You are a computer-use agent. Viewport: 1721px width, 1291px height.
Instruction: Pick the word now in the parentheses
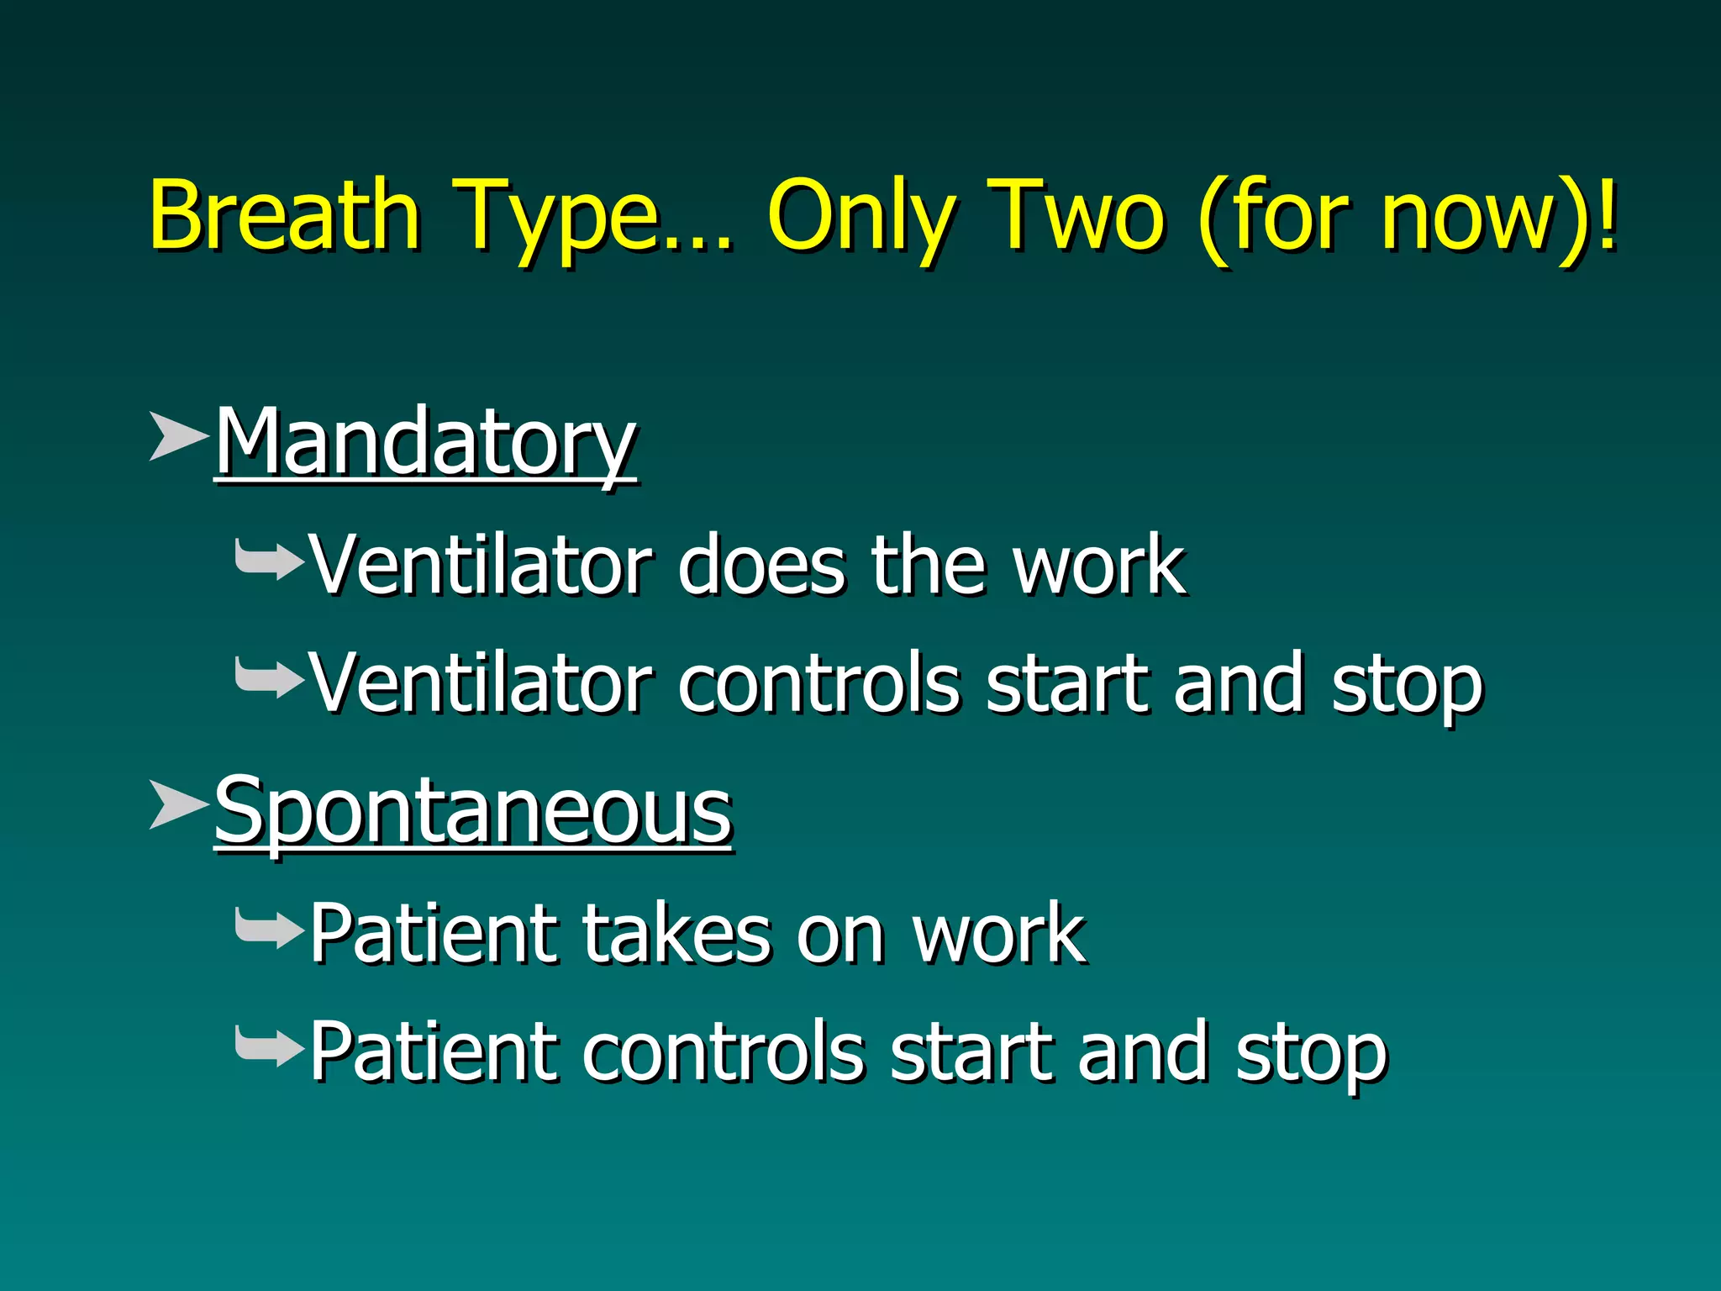click(1466, 219)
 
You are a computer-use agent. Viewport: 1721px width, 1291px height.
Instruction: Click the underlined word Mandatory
click(425, 443)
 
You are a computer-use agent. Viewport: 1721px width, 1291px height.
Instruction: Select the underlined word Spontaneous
click(473, 812)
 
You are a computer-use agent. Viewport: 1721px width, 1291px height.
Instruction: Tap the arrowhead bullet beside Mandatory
click(177, 436)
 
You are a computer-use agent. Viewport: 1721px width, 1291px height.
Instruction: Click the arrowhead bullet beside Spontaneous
click(177, 804)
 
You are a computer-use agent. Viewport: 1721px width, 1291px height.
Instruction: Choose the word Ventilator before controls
click(481, 683)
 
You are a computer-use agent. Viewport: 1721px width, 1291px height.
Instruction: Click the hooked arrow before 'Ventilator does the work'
click(268, 561)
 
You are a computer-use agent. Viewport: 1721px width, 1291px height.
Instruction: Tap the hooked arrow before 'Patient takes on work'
click(268, 929)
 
